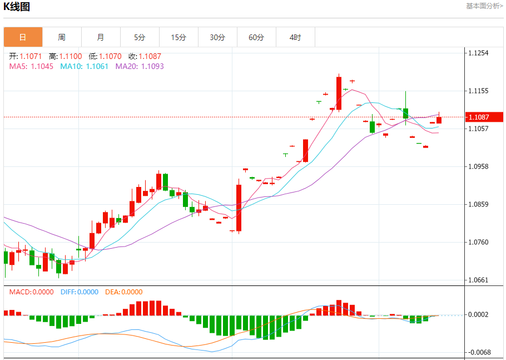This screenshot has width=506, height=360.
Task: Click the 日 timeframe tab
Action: click(x=23, y=37)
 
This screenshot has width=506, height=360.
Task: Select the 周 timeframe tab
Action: click(x=62, y=37)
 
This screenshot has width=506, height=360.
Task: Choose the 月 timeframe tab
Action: click(x=101, y=37)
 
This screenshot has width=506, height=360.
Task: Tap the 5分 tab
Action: click(x=140, y=37)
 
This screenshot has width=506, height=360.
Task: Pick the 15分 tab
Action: click(x=178, y=37)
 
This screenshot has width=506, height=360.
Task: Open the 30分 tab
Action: click(x=217, y=37)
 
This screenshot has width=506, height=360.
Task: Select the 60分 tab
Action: click(x=256, y=37)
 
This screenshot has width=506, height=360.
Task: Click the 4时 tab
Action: click(x=295, y=37)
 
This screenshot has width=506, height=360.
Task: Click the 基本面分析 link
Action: click(x=484, y=6)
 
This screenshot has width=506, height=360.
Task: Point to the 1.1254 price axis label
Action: click(x=478, y=53)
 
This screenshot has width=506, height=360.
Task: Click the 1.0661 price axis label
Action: click(x=478, y=280)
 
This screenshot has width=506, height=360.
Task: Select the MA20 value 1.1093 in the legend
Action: click(x=152, y=66)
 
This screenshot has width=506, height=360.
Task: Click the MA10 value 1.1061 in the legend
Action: click(x=98, y=66)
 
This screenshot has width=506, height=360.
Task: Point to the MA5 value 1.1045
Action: click(x=42, y=66)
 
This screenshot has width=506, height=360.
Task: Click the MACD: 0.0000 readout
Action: click(x=31, y=292)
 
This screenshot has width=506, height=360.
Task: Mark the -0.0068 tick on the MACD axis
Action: click(x=478, y=352)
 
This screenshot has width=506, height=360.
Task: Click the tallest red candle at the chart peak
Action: click(x=339, y=93)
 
